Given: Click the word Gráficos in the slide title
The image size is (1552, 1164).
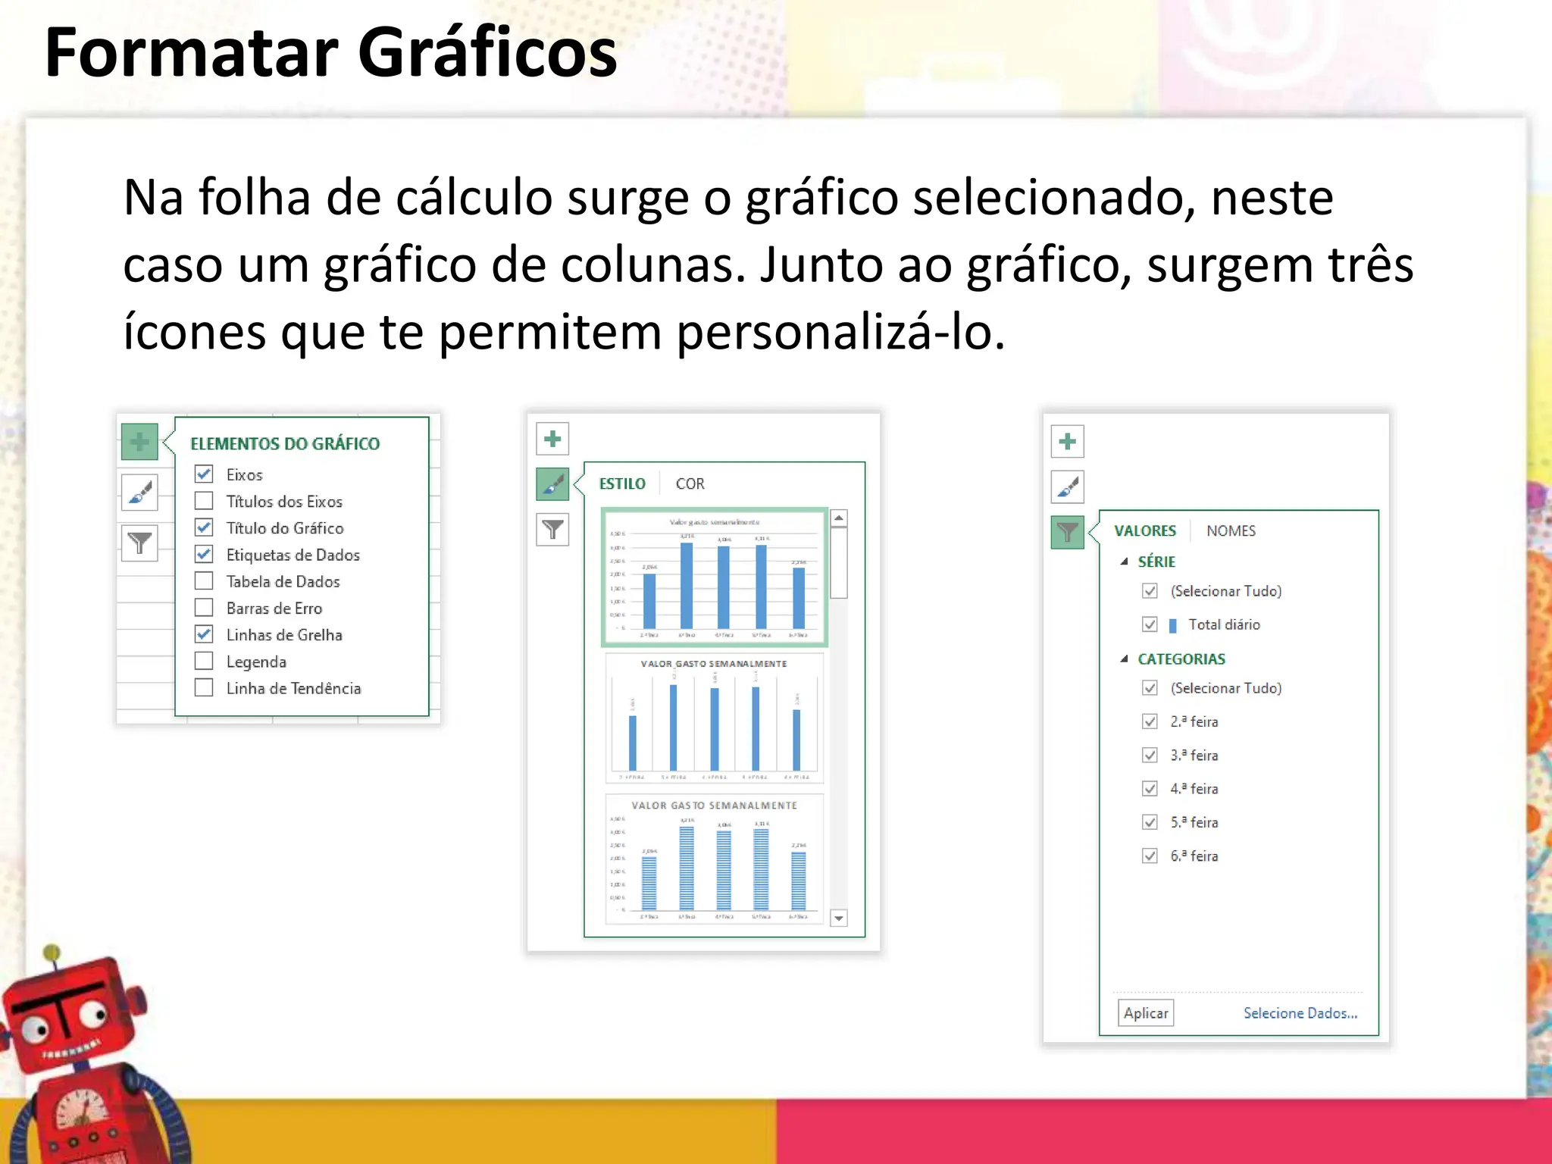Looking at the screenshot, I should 487,53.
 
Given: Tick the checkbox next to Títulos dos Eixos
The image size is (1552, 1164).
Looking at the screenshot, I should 204,501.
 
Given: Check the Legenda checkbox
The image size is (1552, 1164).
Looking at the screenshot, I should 204,661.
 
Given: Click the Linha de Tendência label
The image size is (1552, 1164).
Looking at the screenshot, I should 293,688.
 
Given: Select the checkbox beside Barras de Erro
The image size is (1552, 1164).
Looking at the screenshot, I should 204,608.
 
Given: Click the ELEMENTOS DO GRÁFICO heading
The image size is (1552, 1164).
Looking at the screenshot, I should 285,443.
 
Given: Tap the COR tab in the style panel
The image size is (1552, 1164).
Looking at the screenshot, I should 690,483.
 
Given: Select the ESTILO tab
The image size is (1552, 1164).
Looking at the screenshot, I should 622,483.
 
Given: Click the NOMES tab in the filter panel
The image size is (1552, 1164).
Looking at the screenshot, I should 1231,530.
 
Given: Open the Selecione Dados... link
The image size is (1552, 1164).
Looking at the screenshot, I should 1300,1013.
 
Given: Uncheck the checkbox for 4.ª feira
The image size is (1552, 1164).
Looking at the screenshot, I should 1150,789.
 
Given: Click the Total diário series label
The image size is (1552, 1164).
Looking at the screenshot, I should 1223,624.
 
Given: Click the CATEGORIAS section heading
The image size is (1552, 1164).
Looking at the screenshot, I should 1181,659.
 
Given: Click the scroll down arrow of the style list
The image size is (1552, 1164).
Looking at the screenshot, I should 838,918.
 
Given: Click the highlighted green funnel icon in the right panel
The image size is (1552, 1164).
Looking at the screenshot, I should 1067,532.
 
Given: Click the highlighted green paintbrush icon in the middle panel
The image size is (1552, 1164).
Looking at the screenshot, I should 552,483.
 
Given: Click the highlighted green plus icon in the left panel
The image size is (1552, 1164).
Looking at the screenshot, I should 139,442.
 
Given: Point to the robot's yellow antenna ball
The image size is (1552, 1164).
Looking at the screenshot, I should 52,953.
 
